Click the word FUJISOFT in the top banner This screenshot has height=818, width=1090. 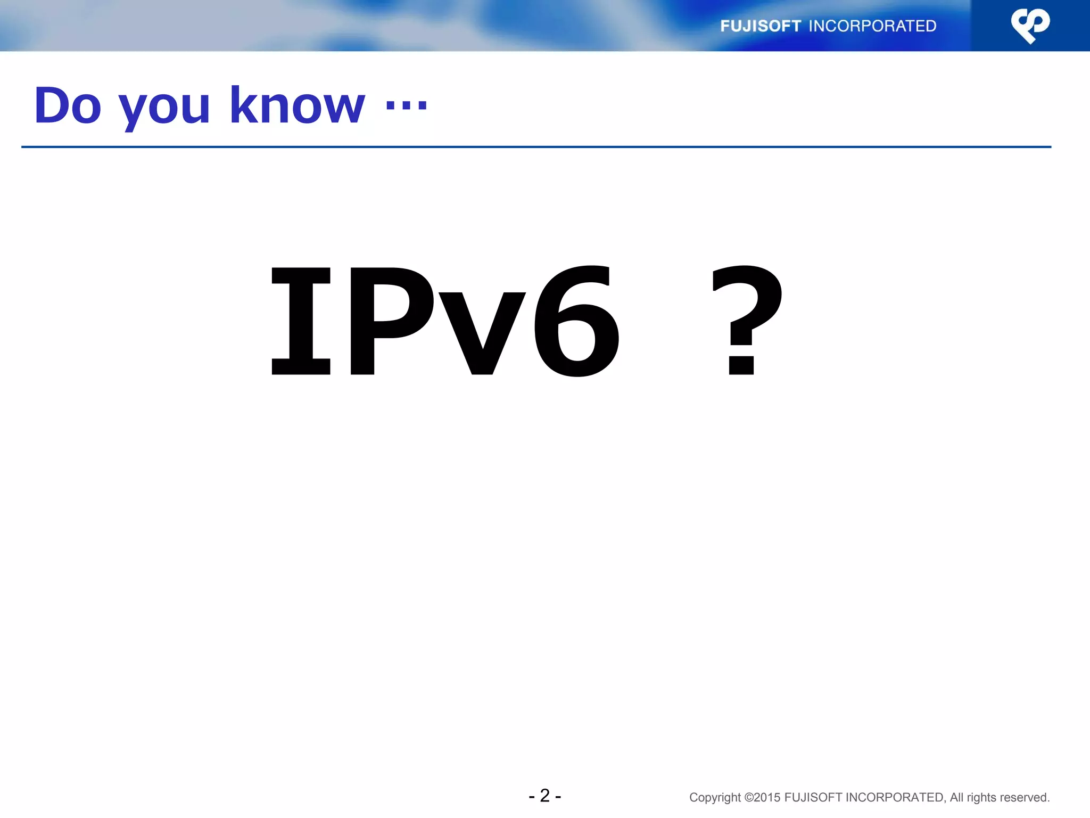760,26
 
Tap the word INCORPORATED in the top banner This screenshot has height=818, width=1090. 872,26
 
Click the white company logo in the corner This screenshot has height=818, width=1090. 1030,26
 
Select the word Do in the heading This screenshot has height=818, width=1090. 68,106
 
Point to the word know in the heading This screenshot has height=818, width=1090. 297,106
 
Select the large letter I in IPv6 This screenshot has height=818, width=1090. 301,321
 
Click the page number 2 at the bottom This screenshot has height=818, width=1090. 544,796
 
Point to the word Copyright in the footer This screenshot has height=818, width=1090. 714,798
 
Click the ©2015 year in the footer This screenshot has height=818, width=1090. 762,798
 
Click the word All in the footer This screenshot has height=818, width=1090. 956,798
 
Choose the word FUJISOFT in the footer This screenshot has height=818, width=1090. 813,798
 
